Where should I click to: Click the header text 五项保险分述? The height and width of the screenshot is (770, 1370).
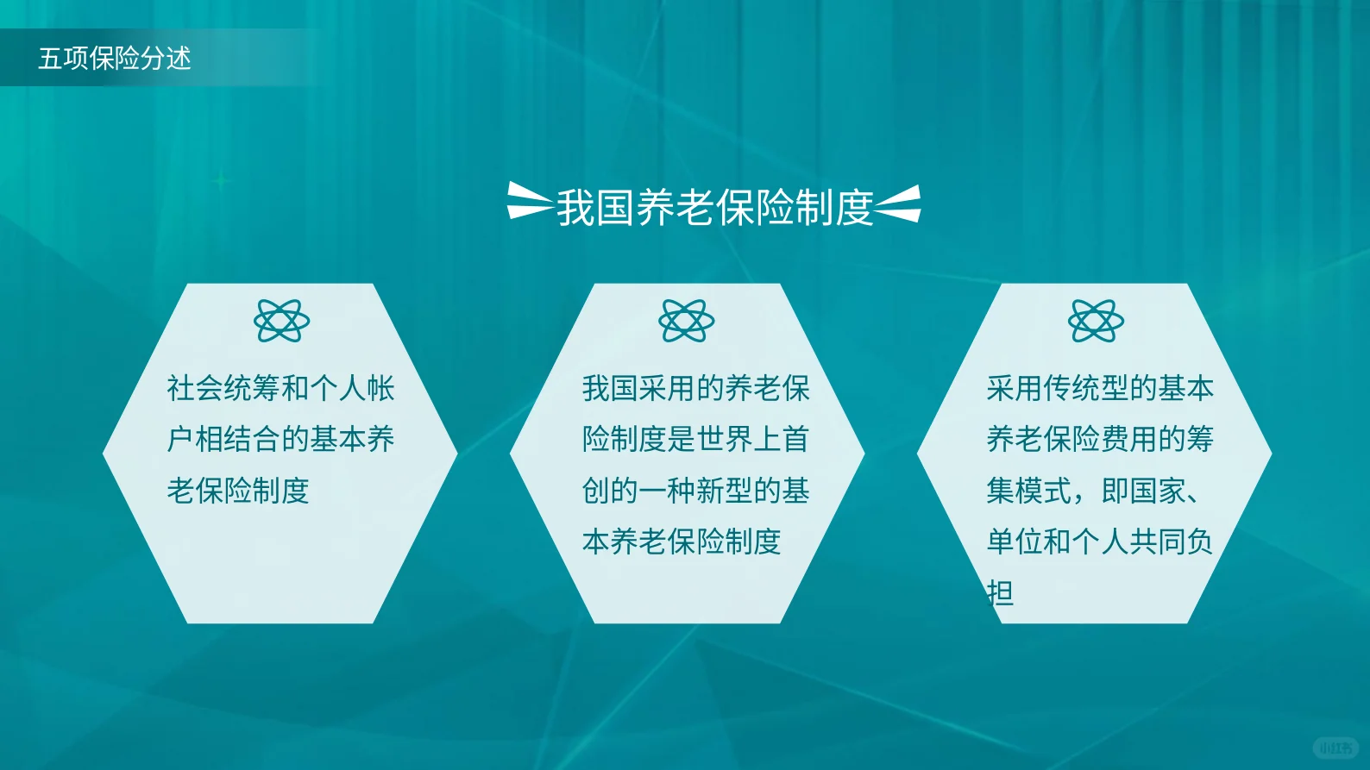pyautogui.click(x=115, y=59)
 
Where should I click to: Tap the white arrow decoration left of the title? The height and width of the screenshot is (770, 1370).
pyautogui.click(x=530, y=200)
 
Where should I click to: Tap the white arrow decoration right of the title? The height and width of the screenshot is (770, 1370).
pyautogui.click(x=898, y=203)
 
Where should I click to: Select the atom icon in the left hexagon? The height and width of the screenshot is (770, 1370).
pyautogui.click(x=282, y=321)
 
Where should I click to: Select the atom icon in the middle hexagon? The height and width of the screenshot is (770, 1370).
pyautogui.click(x=686, y=321)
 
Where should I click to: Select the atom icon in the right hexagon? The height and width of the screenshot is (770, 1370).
pyautogui.click(x=1096, y=321)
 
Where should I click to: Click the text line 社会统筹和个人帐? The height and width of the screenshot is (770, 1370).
pyautogui.click(x=280, y=389)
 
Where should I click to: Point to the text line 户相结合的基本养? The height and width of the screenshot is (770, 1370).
pyautogui.click(x=280, y=440)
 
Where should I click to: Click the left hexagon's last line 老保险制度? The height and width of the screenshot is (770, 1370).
pyautogui.click(x=238, y=491)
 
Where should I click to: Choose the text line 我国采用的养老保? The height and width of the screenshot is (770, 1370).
pyautogui.click(x=696, y=389)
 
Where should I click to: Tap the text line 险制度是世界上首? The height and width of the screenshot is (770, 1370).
pyautogui.click(x=696, y=440)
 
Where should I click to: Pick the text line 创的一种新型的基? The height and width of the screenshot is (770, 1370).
pyautogui.click(x=696, y=491)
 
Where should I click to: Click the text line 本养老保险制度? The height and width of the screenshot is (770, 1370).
pyautogui.click(x=682, y=542)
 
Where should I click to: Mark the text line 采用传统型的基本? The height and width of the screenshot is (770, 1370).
pyautogui.click(x=1100, y=389)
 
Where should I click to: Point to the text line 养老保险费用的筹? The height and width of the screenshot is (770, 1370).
pyautogui.click(x=1100, y=440)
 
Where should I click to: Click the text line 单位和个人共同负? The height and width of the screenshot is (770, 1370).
pyautogui.click(x=1100, y=542)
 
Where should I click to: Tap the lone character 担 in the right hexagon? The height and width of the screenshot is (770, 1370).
pyautogui.click(x=1001, y=592)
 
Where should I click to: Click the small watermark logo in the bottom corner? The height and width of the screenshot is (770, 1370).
pyautogui.click(x=1335, y=748)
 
